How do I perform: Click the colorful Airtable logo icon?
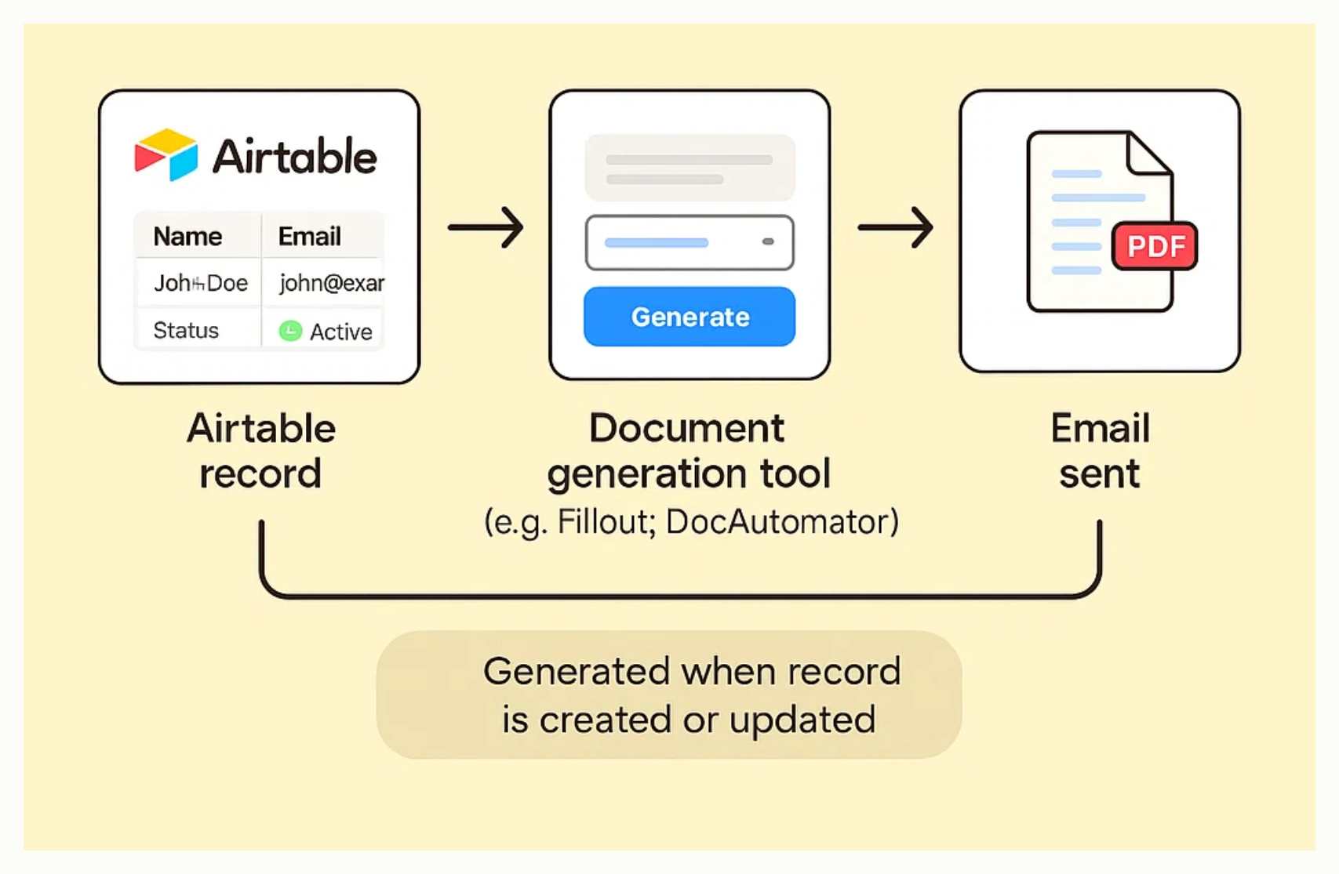point(166,155)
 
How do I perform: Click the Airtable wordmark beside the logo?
point(295,157)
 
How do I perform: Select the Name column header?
point(187,236)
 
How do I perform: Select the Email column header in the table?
point(310,236)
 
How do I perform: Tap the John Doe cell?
point(200,283)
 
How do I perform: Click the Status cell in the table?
point(186,330)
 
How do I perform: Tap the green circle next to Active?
point(290,331)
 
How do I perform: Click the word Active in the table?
point(341,332)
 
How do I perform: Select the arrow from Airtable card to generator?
point(486,227)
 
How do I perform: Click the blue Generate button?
point(690,317)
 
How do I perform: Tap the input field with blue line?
point(690,242)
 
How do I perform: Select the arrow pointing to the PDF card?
point(895,227)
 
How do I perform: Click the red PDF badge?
point(1155,246)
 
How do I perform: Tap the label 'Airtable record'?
point(260,451)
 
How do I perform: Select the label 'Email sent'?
point(1100,451)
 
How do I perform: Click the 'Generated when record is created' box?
point(669,694)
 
